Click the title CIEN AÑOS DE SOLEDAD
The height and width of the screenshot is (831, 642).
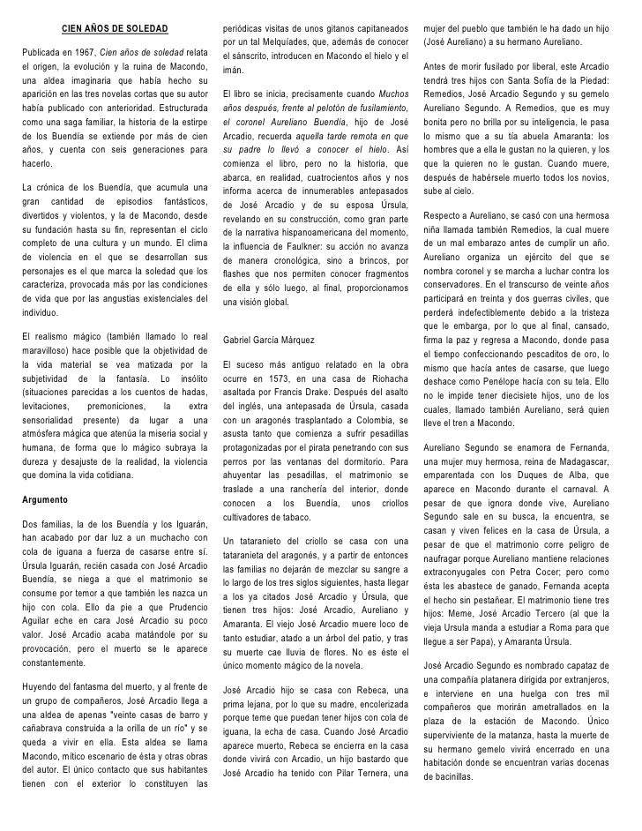tap(114, 26)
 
